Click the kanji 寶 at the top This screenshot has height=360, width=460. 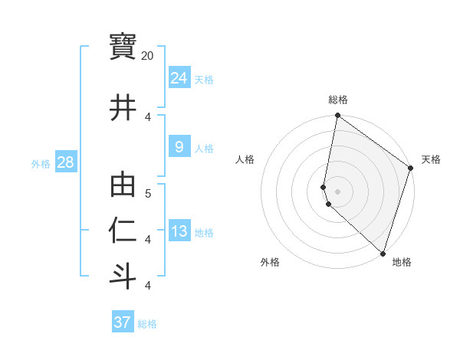coord(123,47)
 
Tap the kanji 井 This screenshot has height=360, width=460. coord(123,107)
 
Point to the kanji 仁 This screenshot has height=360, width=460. coord(123,231)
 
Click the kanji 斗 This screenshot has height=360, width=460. coord(123,275)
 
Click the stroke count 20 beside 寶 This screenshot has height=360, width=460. coord(148,56)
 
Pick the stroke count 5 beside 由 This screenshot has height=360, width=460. coord(148,193)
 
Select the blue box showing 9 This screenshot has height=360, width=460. coord(179,147)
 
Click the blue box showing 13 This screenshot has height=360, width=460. coord(179,231)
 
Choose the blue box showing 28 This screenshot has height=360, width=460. coord(65,162)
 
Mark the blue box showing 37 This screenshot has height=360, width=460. coord(122,322)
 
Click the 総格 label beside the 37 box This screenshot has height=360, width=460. coord(147,324)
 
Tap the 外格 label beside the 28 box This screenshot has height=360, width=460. coord(41,164)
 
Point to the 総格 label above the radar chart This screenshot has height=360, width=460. coord(338,100)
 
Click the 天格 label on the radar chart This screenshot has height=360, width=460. coord(431,159)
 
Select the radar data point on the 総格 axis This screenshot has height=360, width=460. coord(337,116)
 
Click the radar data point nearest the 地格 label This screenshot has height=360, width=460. coord(383,254)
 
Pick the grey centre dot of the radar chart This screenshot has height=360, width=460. coord(337,191)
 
